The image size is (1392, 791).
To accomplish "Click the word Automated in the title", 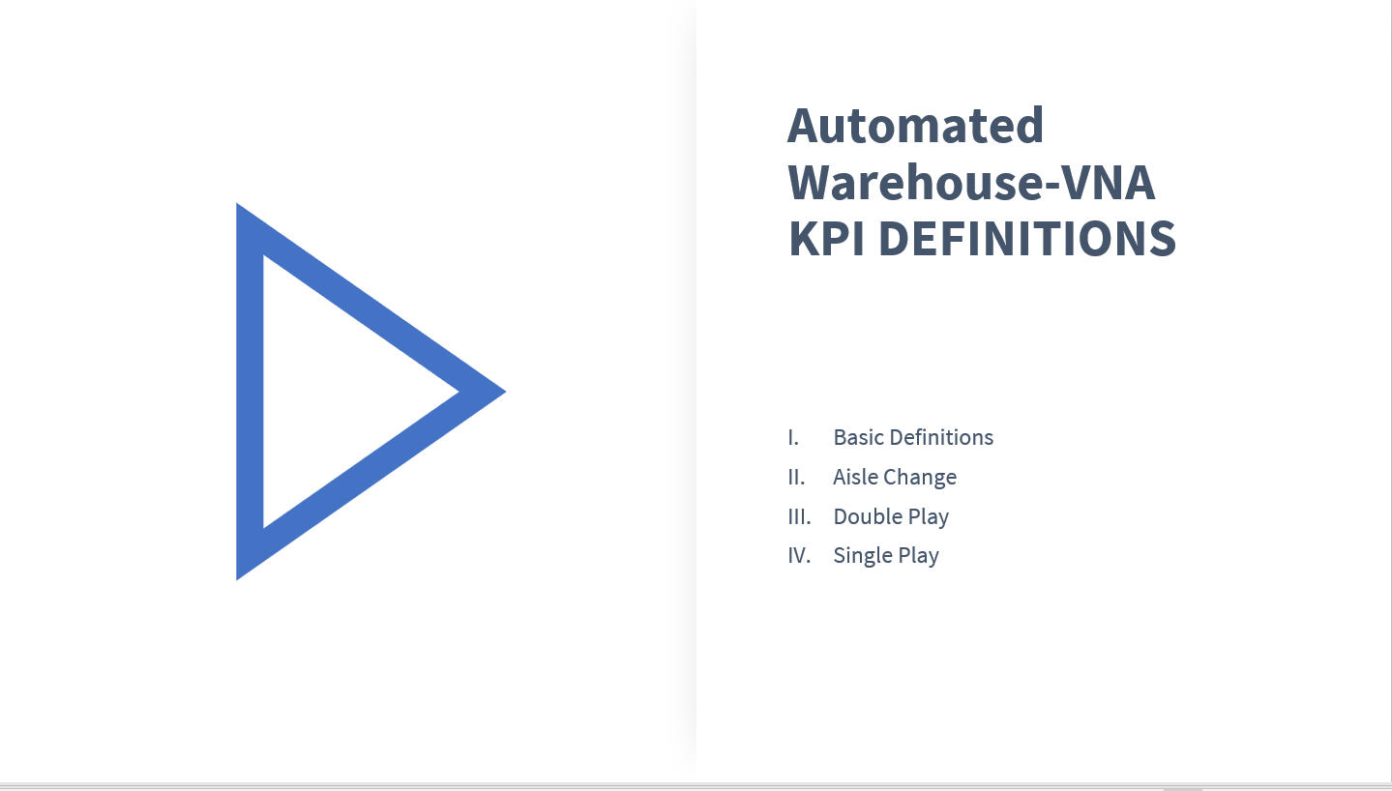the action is tap(915, 126).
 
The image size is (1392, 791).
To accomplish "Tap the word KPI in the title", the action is tap(826, 238).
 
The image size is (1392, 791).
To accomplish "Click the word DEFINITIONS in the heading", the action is tap(1028, 238).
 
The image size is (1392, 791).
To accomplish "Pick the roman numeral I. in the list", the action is tap(793, 437).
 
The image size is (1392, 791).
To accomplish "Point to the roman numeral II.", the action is tap(796, 477).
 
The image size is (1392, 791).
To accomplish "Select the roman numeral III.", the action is tap(799, 516).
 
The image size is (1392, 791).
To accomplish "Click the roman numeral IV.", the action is tap(799, 555).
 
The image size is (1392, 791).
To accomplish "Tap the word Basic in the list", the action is tap(858, 437).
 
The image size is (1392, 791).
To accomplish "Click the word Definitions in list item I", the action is tap(941, 437).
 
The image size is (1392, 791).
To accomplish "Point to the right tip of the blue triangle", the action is tap(506, 392).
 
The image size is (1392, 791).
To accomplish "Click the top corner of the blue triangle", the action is tap(237, 203).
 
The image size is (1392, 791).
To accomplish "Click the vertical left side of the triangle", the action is tap(250, 392).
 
